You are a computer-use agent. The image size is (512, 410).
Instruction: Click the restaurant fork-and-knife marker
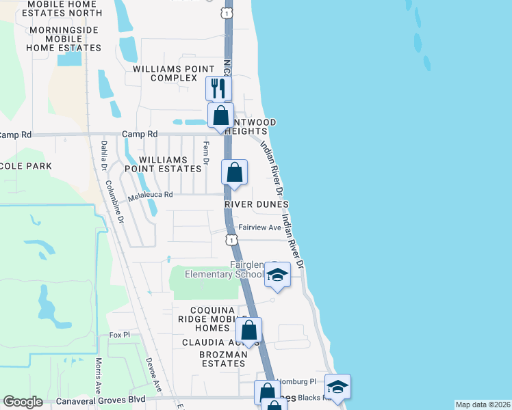[219, 88]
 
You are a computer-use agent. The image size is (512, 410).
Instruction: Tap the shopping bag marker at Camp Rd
[220, 115]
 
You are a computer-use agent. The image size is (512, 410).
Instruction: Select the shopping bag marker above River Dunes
[234, 172]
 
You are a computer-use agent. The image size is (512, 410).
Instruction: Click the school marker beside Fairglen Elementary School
[277, 275]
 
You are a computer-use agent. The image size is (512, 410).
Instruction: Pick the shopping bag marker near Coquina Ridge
[249, 331]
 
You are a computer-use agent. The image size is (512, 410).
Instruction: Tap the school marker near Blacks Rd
[337, 387]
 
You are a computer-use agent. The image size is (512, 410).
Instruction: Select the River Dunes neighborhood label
[257, 204]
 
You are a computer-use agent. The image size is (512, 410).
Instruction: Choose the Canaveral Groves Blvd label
[102, 400]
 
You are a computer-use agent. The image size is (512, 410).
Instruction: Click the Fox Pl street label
[119, 335]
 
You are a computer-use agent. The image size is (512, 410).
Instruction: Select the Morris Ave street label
[99, 369]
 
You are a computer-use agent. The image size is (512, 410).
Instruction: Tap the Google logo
[23, 402]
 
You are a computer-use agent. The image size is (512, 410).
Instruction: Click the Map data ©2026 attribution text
[483, 405]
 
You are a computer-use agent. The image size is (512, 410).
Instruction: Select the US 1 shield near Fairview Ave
[233, 240]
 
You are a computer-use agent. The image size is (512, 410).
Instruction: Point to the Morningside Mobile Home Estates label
[63, 39]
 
